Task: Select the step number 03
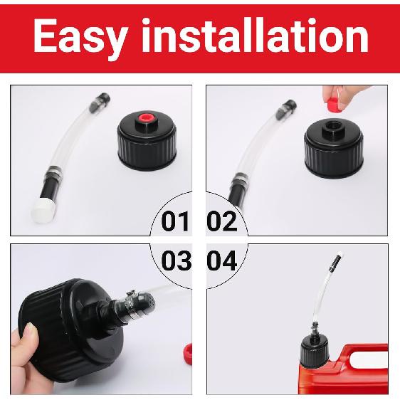pos(176,261)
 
